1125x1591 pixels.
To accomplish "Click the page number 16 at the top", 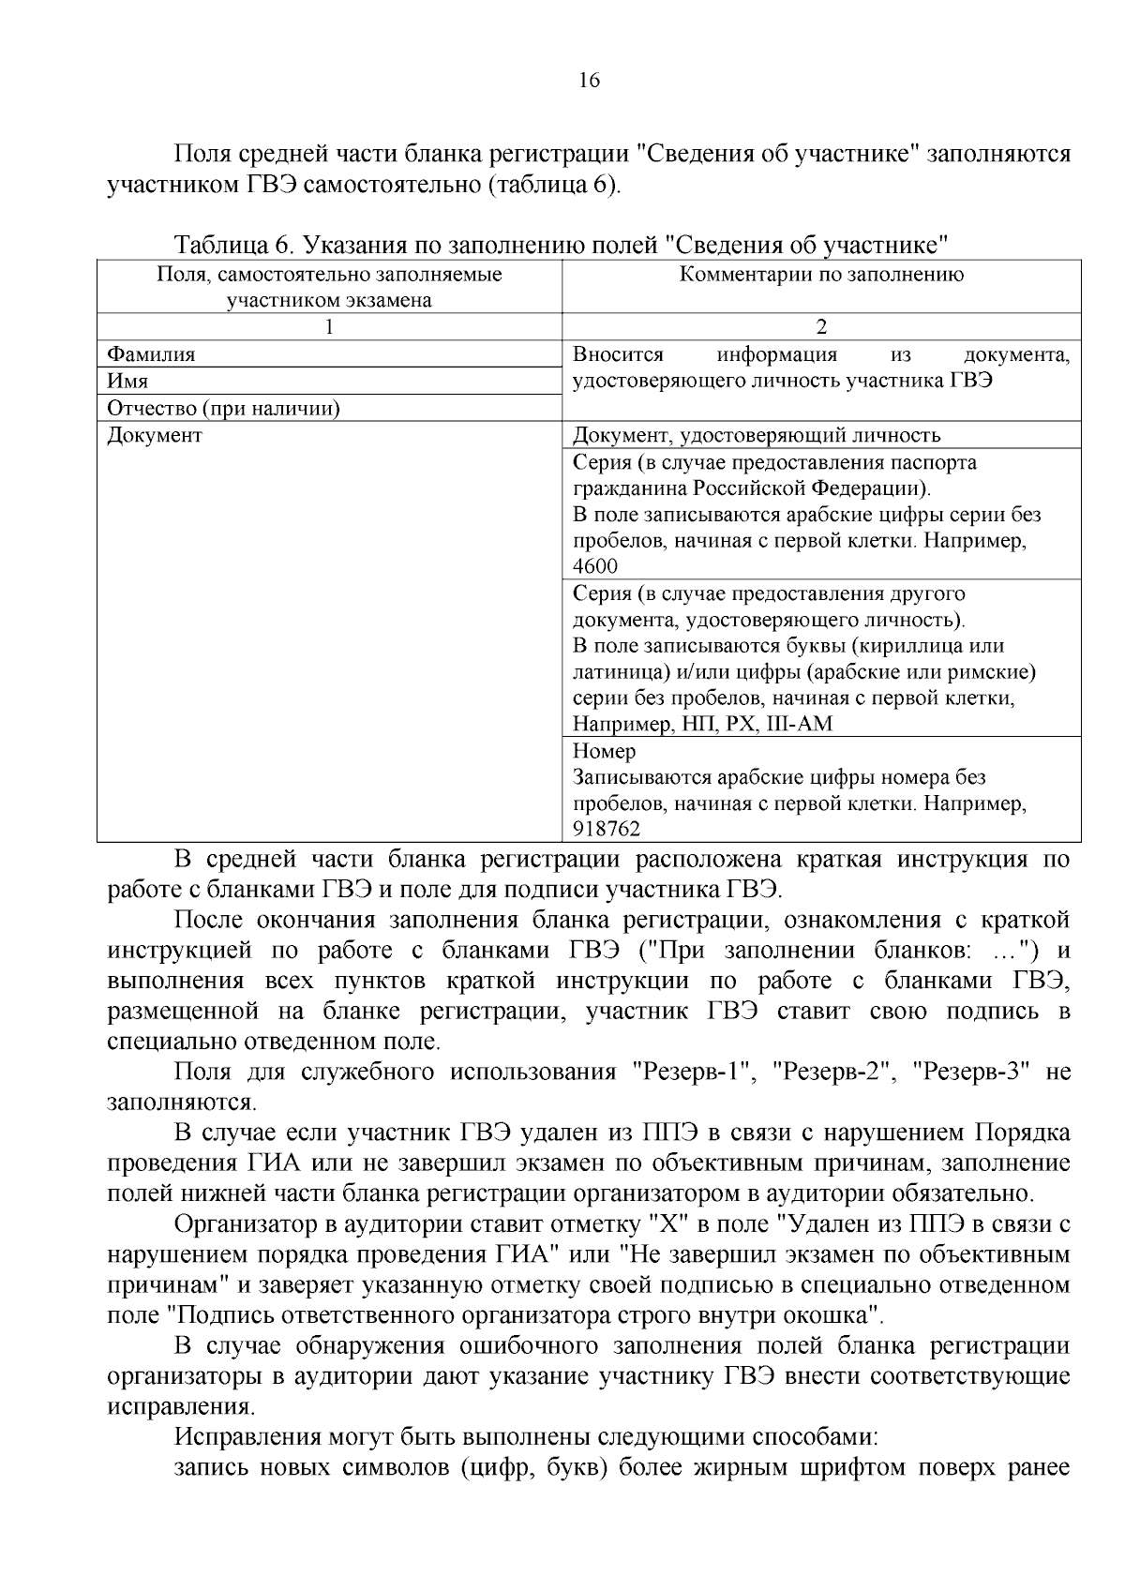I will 590,81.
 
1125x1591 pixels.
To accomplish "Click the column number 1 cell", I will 329,327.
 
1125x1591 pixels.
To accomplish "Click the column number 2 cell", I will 821,327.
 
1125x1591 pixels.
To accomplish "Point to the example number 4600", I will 595,566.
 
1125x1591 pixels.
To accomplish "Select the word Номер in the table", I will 604,751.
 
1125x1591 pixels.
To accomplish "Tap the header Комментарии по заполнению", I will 821,275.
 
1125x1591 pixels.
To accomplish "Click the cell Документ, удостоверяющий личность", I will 756,435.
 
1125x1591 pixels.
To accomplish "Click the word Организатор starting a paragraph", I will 247,1224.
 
